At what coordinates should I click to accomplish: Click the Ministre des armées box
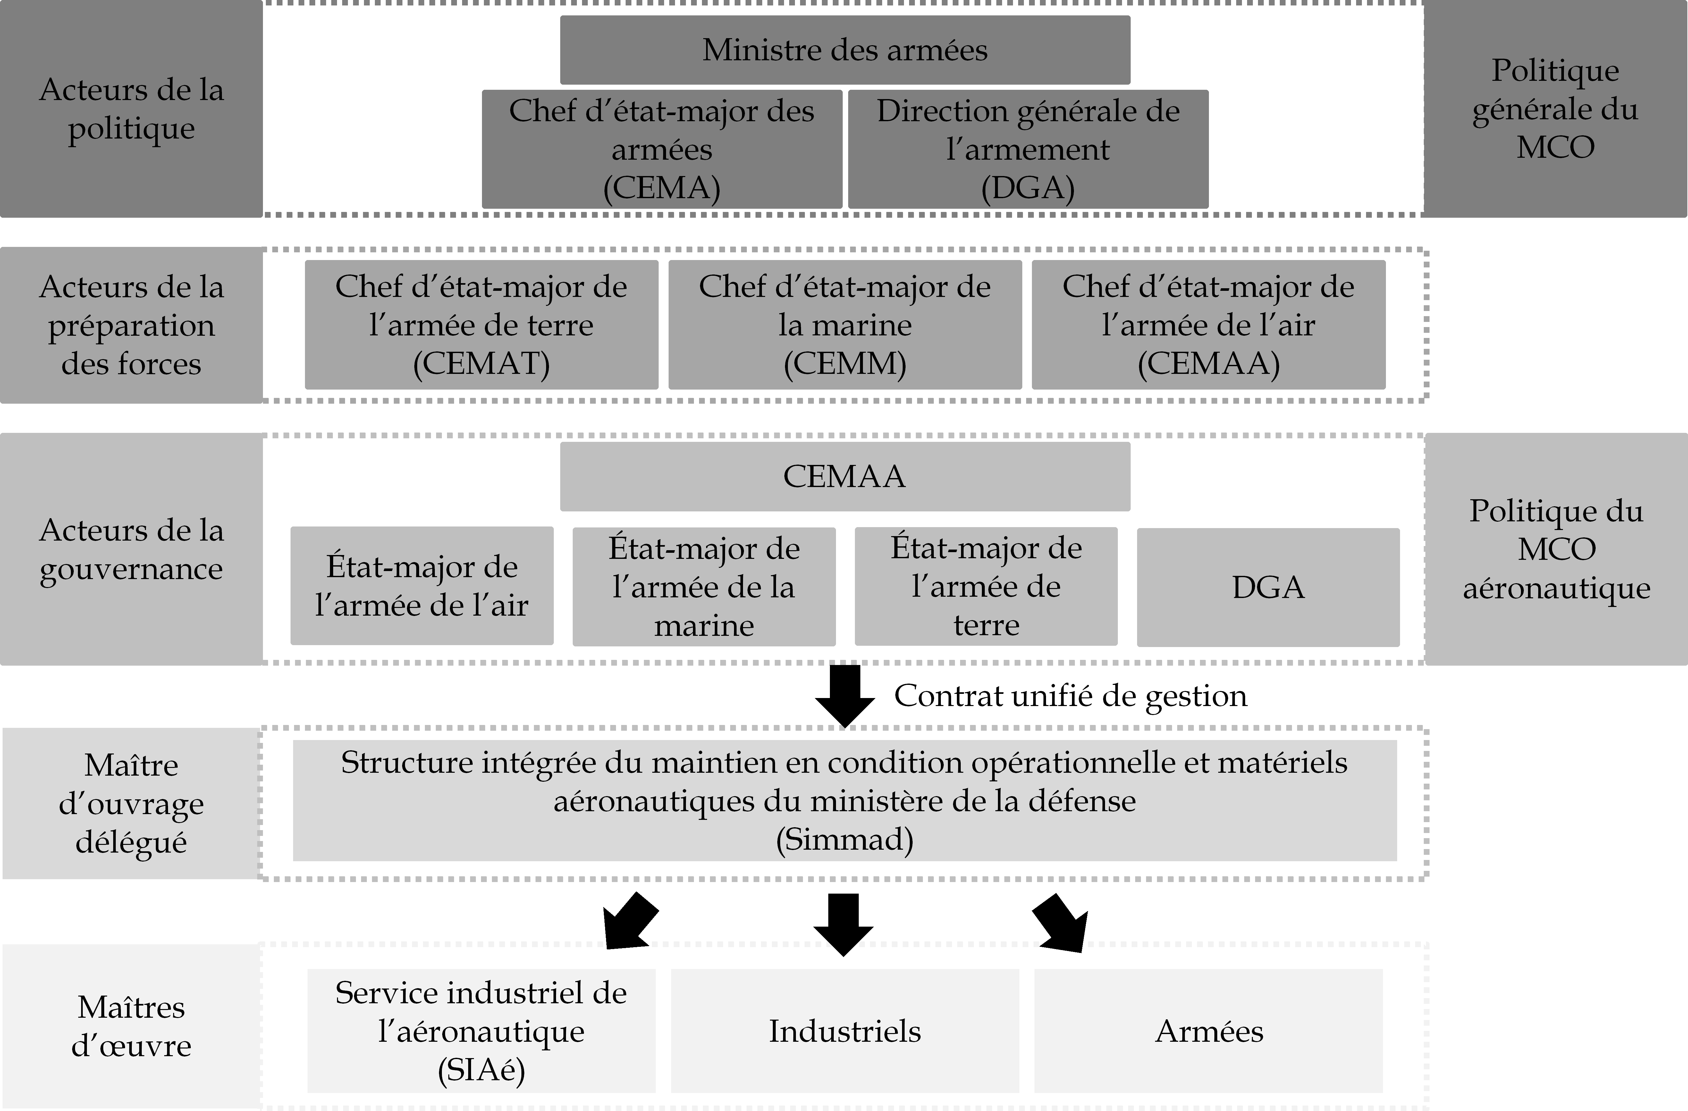click(845, 50)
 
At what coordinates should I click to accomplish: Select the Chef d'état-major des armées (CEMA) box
click(662, 149)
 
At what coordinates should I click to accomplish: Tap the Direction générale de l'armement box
click(1028, 149)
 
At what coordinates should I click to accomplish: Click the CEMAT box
click(482, 325)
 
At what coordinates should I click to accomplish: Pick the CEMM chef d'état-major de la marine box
click(845, 325)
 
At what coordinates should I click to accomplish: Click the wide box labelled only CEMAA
click(845, 476)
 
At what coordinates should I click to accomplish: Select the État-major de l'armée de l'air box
click(422, 585)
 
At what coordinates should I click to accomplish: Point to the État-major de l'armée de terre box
click(986, 586)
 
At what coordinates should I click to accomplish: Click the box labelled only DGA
click(1268, 587)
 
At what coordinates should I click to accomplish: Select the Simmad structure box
click(845, 800)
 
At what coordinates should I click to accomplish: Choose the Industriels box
click(845, 1031)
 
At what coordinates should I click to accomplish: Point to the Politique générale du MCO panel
click(1555, 108)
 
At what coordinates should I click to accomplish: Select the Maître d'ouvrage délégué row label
click(131, 803)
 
